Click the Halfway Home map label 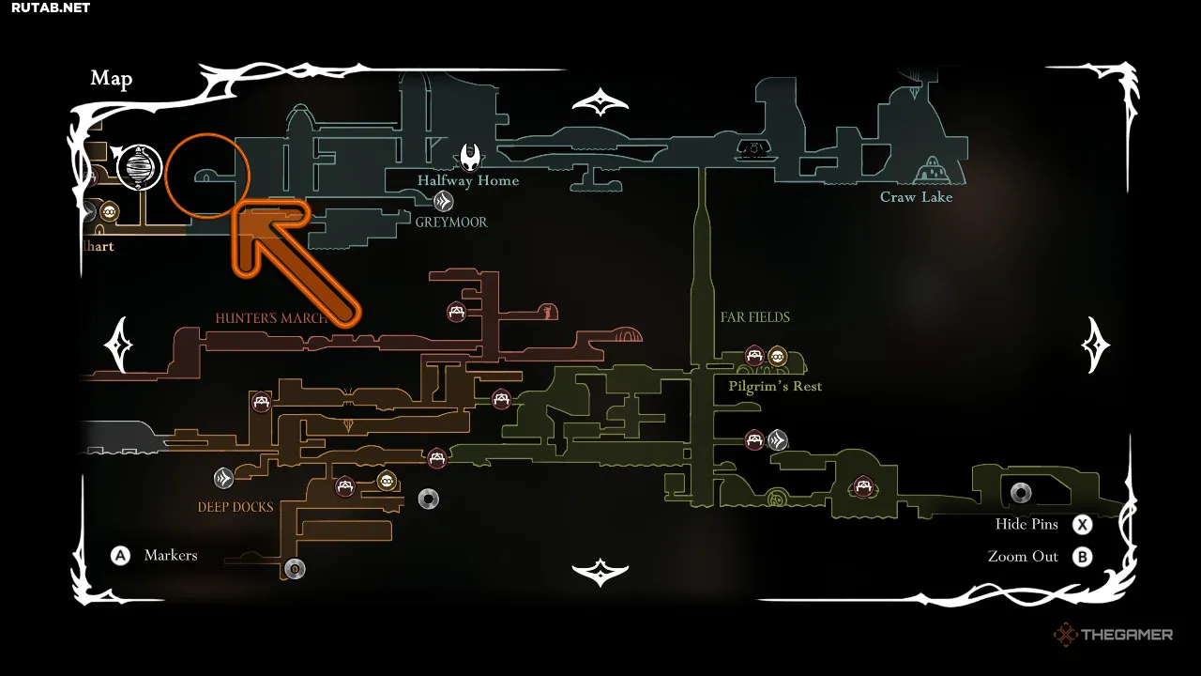click(468, 180)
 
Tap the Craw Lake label click(916, 197)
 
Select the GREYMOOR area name click(451, 223)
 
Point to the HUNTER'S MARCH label click(271, 318)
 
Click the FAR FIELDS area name click(755, 317)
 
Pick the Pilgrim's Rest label click(775, 386)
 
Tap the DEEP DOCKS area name click(236, 507)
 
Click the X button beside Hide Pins click(1083, 525)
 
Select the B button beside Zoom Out click(1083, 557)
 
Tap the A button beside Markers click(120, 556)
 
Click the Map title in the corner click(112, 79)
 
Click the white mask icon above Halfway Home click(471, 154)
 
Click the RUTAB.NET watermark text click(51, 8)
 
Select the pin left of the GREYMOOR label click(443, 201)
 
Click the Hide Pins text click(1026, 524)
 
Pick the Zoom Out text click(1023, 557)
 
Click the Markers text click(171, 556)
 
